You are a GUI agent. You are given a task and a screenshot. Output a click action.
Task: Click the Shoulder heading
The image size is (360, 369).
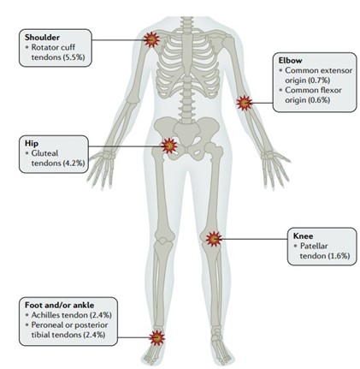point(42,38)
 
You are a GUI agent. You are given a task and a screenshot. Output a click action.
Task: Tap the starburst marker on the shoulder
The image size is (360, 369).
point(151,39)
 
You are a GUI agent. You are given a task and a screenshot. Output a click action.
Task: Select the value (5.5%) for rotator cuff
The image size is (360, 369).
point(74,57)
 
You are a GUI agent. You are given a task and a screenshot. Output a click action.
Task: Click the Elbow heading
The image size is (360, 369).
point(290,61)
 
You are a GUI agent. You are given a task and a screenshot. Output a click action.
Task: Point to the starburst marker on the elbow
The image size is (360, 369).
point(245,103)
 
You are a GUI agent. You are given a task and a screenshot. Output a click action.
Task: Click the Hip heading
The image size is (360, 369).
point(32,143)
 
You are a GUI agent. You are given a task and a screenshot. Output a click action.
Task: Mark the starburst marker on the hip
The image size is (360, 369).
point(169,146)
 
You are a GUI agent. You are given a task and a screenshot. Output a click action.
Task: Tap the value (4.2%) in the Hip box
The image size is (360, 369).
point(74,164)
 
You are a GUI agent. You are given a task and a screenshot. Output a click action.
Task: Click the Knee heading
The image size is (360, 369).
point(303,236)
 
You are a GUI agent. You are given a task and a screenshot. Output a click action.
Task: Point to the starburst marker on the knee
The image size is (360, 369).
point(214,239)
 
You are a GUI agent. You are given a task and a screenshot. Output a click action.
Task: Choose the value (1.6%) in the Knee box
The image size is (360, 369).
point(339,256)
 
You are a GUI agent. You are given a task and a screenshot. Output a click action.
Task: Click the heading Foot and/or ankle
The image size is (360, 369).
point(59,305)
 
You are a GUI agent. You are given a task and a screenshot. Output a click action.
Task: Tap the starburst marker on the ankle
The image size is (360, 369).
point(156,337)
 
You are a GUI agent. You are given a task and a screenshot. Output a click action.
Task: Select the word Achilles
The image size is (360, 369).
point(45,315)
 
